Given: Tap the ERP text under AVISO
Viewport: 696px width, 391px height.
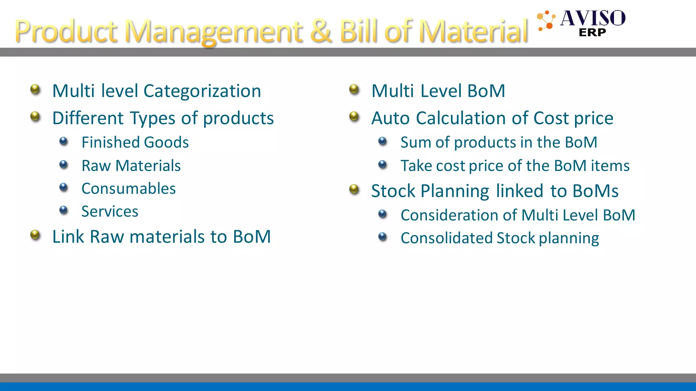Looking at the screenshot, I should click(x=592, y=33).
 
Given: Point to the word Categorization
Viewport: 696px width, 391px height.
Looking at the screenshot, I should click(x=202, y=91).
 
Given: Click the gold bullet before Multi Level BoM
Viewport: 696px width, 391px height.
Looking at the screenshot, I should click(x=354, y=90).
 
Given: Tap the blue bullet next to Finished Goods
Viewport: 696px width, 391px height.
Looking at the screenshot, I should click(x=64, y=141).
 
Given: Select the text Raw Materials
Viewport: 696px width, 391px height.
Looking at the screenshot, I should click(x=131, y=166).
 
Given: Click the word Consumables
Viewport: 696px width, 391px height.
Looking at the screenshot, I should click(x=128, y=189).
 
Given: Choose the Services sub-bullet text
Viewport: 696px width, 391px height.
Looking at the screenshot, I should click(x=110, y=211).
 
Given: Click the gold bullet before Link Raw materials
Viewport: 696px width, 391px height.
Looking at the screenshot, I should click(x=35, y=235).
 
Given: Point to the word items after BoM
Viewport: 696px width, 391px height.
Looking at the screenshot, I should click(x=610, y=166).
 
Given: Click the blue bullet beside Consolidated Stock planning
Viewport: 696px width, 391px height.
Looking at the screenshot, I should click(x=383, y=237).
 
